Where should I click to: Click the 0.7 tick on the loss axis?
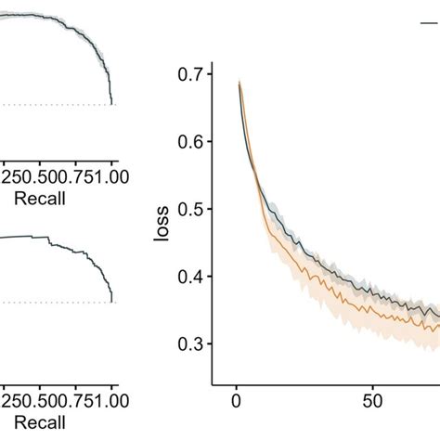coord(189,75)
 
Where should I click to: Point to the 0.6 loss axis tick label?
coord(189,142)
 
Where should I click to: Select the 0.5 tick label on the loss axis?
coord(189,210)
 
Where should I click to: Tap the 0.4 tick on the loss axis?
coord(189,277)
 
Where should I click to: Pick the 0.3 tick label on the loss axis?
coord(189,344)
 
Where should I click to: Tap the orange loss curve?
coord(316,279)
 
